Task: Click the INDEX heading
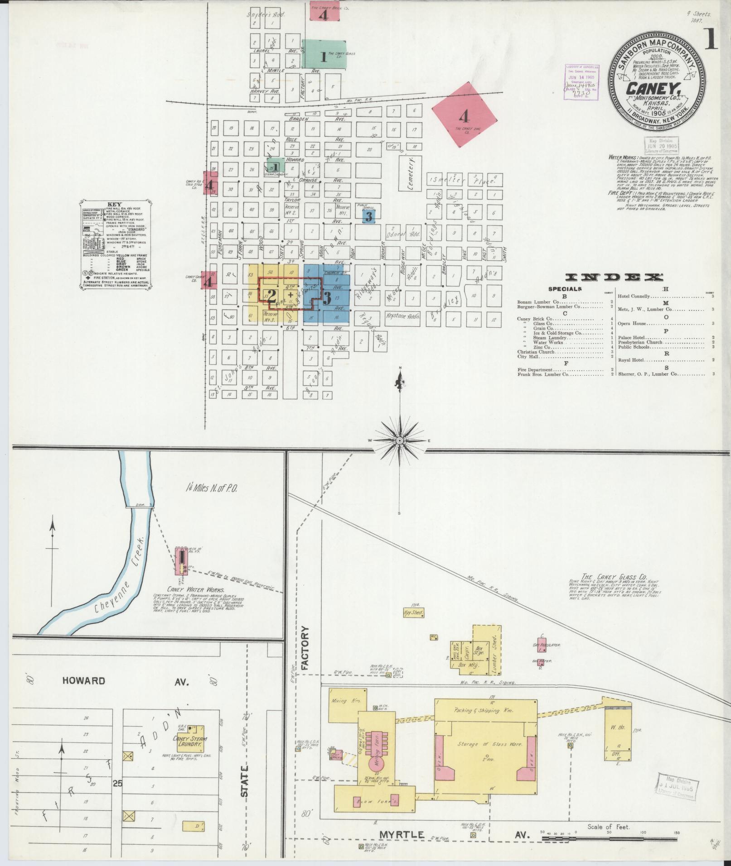coord(615,278)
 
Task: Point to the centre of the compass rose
coord(400,440)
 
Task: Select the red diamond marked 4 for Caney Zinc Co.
coord(463,117)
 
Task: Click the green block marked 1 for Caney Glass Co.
coord(324,57)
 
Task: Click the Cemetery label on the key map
coord(410,173)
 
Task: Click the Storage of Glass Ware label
coord(484,744)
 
